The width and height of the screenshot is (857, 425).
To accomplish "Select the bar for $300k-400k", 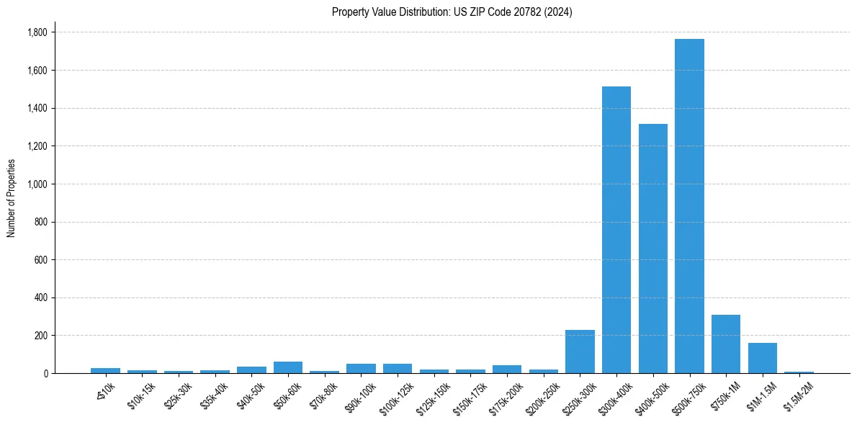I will [616, 231].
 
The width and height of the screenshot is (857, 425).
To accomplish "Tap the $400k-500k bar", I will [653, 249].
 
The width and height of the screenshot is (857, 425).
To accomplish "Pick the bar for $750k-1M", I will [726, 344].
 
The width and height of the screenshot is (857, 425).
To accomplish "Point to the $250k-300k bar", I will [580, 352].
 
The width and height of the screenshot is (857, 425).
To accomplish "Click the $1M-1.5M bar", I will [763, 358].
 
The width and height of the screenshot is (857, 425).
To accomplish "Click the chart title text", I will [452, 12].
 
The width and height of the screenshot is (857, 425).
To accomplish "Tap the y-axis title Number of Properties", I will [12, 198].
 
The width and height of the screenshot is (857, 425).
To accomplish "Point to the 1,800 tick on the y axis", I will [37, 32].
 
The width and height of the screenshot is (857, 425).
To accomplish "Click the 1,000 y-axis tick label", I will [37, 184].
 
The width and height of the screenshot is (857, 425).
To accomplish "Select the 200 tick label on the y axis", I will [40, 336].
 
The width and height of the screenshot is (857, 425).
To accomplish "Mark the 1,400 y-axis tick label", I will [37, 108].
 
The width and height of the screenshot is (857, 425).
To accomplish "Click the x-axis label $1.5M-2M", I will [798, 393].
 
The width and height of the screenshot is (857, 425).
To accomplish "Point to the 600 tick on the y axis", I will [40, 260].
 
